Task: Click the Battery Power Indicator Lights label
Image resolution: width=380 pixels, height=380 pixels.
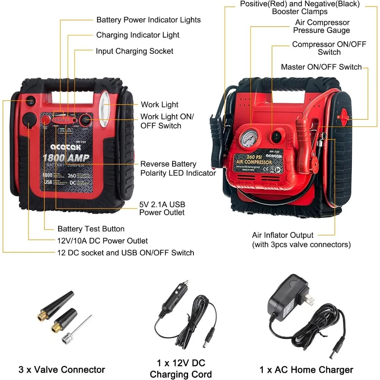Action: pos(148,20)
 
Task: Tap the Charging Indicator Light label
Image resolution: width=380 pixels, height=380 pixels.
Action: pos(138,35)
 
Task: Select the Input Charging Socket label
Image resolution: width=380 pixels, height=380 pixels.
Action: pos(135,51)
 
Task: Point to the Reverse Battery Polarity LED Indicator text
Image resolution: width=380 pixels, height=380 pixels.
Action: pos(178,168)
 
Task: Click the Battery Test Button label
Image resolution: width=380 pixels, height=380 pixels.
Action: pos(91,229)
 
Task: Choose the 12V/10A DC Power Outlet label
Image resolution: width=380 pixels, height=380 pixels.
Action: pos(103,241)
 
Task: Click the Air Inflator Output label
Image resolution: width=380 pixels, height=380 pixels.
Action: pos(283,235)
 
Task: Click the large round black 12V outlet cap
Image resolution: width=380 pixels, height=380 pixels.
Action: pos(29,120)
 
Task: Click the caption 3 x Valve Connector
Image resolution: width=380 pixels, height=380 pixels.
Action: pos(62,369)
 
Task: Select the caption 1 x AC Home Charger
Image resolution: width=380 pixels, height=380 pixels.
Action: pos(306,369)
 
